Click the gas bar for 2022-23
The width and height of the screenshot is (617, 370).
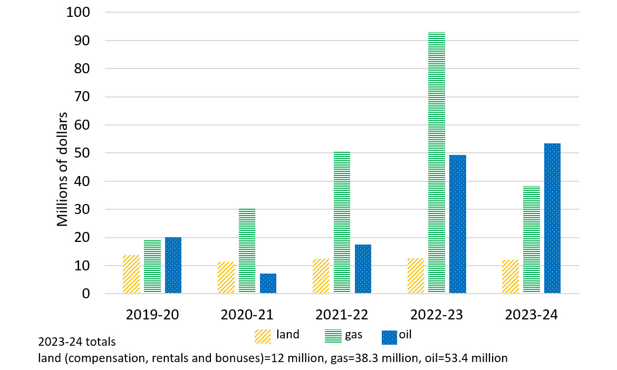click(x=437, y=163)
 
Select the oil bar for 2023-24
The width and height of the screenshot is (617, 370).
click(x=552, y=218)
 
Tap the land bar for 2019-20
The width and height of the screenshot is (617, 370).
click(x=131, y=274)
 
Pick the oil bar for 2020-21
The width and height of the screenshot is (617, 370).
click(x=268, y=284)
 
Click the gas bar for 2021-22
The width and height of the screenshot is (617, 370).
click(x=342, y=222)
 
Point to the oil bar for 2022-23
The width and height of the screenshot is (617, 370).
click(x=458, y=224)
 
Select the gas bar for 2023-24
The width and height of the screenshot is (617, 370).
click(x=532, y=240)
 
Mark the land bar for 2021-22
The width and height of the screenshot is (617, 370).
click(x=321, y=276)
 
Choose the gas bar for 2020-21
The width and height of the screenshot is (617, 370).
click(x=247, y=251)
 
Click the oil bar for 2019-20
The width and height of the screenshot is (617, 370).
click(x=173, y=265)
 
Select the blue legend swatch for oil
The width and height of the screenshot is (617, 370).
click(x=390, y=336)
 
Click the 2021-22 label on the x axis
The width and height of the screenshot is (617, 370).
click(x=342, y=315)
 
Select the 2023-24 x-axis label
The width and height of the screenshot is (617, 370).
click(x=532, y=315)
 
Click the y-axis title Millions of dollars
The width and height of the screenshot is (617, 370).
click(x=63, y=169)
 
